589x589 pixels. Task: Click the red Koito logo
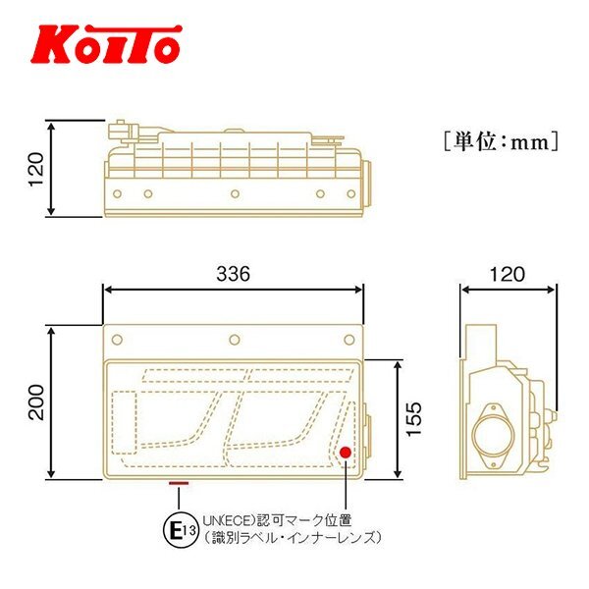[x=106, y=44]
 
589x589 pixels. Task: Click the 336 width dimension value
[x=233, y=274]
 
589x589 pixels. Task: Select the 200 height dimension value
[x=37, y=402]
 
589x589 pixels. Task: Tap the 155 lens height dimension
[x=414, y=419]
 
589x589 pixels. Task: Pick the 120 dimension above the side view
[x=508, y=274]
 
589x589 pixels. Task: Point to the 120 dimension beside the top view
[x=37, y=169]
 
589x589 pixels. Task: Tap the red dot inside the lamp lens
[x=345, y=453]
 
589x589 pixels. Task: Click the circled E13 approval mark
[x=181, y=530]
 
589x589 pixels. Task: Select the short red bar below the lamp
[x=179, y=483]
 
